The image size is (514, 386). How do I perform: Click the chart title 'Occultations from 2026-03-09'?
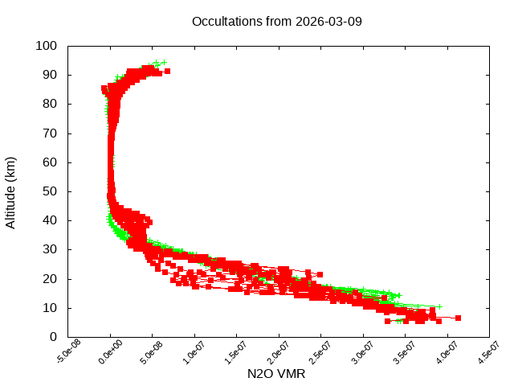(277, 21)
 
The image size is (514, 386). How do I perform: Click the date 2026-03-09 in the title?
(329, 21)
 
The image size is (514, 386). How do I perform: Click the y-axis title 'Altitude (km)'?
(10, 191)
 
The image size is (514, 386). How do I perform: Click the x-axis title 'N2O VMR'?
(276, 374)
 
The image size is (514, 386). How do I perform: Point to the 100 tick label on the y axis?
(46, 46)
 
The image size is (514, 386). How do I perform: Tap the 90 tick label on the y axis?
(49, 75)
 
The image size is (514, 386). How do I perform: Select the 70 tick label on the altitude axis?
(49, 133)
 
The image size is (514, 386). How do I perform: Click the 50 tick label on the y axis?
(49, 191)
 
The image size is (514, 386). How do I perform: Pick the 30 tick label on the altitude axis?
(49, 249)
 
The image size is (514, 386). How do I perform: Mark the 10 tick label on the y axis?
(49, 307)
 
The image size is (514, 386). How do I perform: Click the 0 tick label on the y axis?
(52, 337)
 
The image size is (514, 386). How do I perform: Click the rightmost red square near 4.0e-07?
(458, 318)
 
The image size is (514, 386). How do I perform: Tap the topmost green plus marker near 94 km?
(164, 62)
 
